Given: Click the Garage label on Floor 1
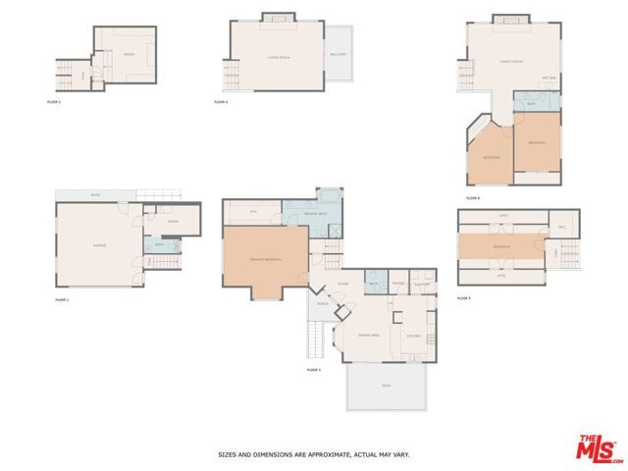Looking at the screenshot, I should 99,244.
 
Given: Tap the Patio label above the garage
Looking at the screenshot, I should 95,194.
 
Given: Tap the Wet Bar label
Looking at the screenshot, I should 549,78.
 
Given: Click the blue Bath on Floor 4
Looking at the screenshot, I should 531,102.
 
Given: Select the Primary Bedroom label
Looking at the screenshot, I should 266,259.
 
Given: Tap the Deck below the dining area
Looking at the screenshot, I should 386,385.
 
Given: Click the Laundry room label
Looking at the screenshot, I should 422,285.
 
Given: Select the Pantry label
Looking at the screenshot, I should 397,285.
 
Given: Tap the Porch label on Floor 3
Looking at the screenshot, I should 323,303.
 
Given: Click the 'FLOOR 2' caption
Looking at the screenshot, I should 54,102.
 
